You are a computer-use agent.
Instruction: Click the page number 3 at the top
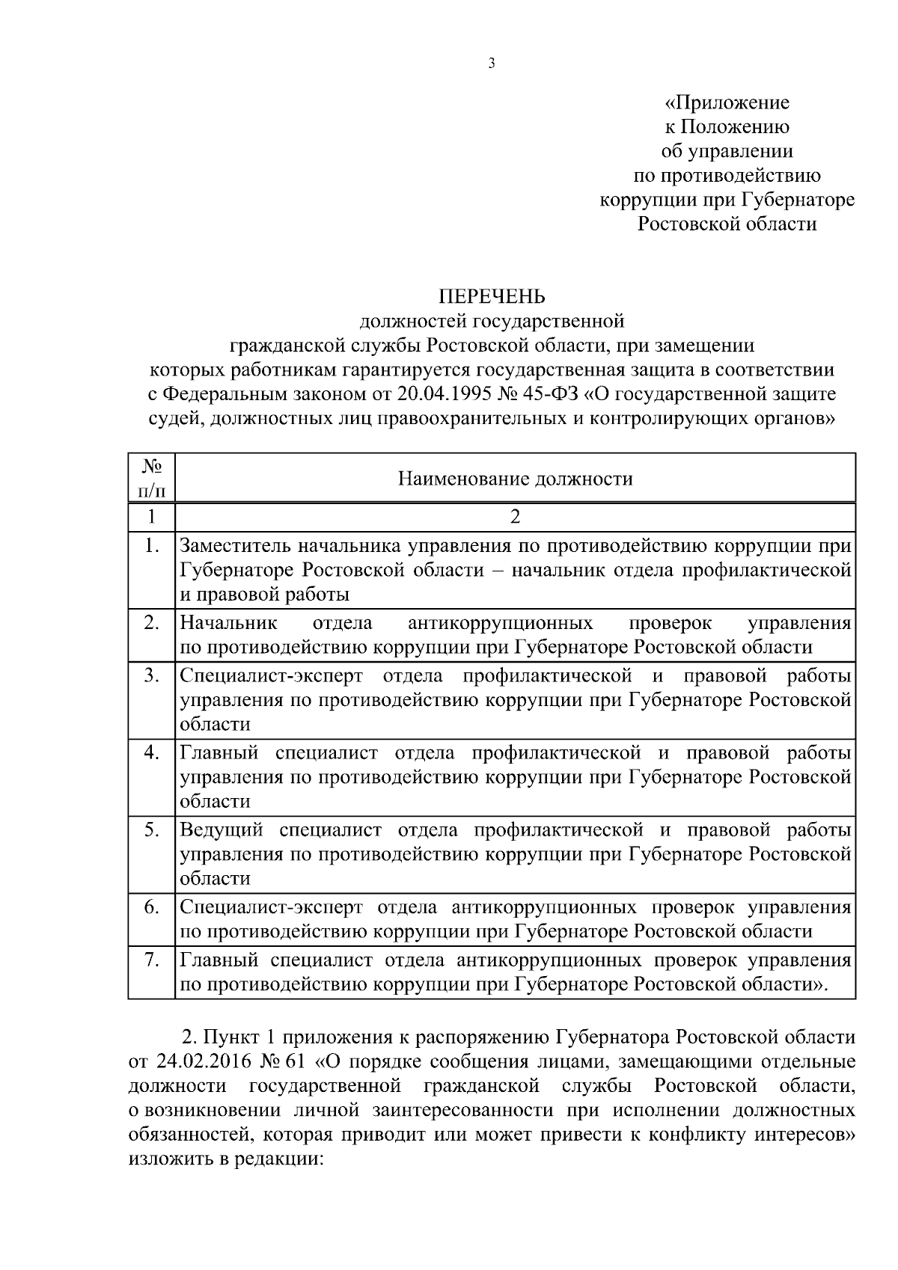492,64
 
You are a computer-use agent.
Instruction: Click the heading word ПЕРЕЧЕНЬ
492,298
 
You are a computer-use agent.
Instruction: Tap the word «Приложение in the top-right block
727,102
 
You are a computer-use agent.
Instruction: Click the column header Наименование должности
515,479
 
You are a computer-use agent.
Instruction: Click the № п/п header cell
152,479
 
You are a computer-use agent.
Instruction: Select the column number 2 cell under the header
515,517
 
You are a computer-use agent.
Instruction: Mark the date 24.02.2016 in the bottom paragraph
204,1062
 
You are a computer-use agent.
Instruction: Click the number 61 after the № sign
297,1062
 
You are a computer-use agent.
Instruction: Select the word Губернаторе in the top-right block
798,200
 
